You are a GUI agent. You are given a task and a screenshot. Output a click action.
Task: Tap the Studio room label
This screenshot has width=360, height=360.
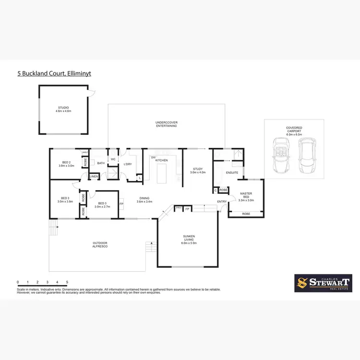[x=63, y=109]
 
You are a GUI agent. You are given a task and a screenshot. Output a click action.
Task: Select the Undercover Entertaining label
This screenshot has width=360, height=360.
[x=167, y=124]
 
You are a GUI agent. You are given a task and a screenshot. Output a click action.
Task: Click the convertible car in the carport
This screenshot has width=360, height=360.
[x=281, y=156]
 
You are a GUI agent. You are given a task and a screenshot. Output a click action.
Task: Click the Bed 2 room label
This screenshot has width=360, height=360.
[x=66, y=164]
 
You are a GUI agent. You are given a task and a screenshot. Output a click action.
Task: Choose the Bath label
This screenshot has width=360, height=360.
[x=101, y=163]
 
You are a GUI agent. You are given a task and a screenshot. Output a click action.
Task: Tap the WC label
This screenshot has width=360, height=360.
[x=113, y=159]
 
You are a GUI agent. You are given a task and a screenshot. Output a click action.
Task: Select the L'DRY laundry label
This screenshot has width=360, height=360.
[x=128, y=165]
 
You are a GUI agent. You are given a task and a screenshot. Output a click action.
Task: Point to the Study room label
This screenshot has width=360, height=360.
[x=197, y=170]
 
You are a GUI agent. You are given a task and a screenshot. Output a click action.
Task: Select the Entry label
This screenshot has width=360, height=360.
[x=222, y=201]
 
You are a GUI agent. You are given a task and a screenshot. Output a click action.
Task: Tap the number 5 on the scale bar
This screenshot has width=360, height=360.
[x=67, y=282]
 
